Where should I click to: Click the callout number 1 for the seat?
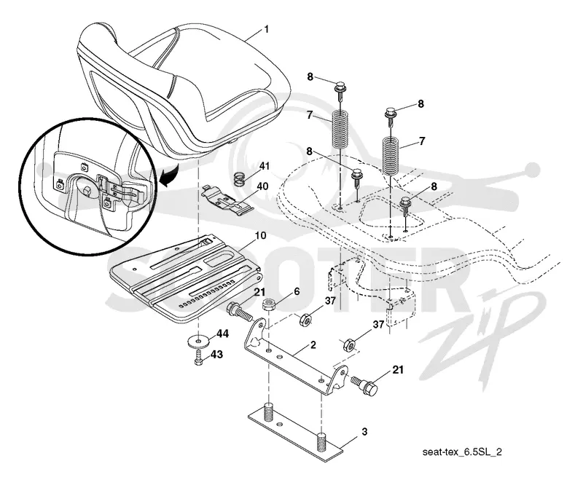point(266,29)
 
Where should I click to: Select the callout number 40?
point(262,186)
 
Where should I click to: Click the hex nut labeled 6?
point(268,305)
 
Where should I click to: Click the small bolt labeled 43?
point(198,358)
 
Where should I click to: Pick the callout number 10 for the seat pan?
point(261,235)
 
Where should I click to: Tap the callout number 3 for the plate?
point(364,432)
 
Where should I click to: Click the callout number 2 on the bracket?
point(313,345)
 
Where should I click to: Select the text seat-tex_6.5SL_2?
point(462,452)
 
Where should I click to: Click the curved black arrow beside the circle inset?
point(169,176)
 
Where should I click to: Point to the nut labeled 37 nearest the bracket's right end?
point(349,344)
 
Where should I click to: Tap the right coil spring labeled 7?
point(391,155)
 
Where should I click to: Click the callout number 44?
point(222,334)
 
